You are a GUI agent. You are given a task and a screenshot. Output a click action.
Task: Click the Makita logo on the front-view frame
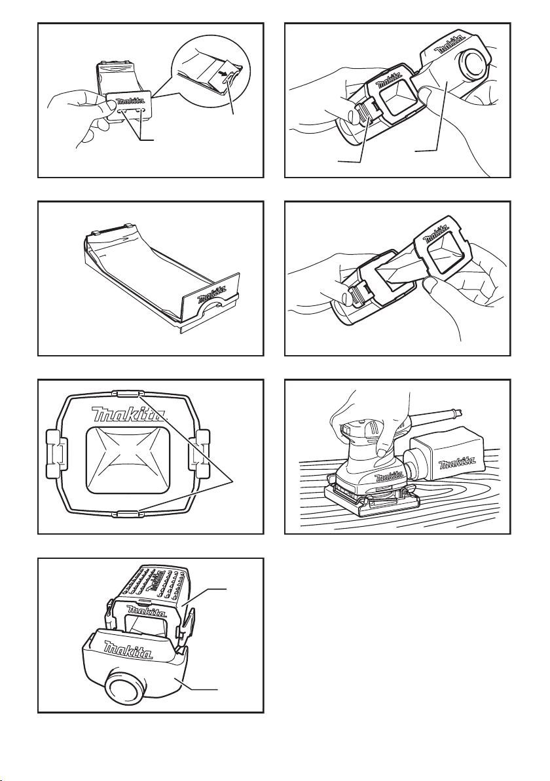point(130,414)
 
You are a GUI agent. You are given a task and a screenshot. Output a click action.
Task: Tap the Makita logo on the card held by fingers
point(130,101)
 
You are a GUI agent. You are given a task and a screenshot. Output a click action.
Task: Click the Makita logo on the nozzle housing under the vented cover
point(128,649)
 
